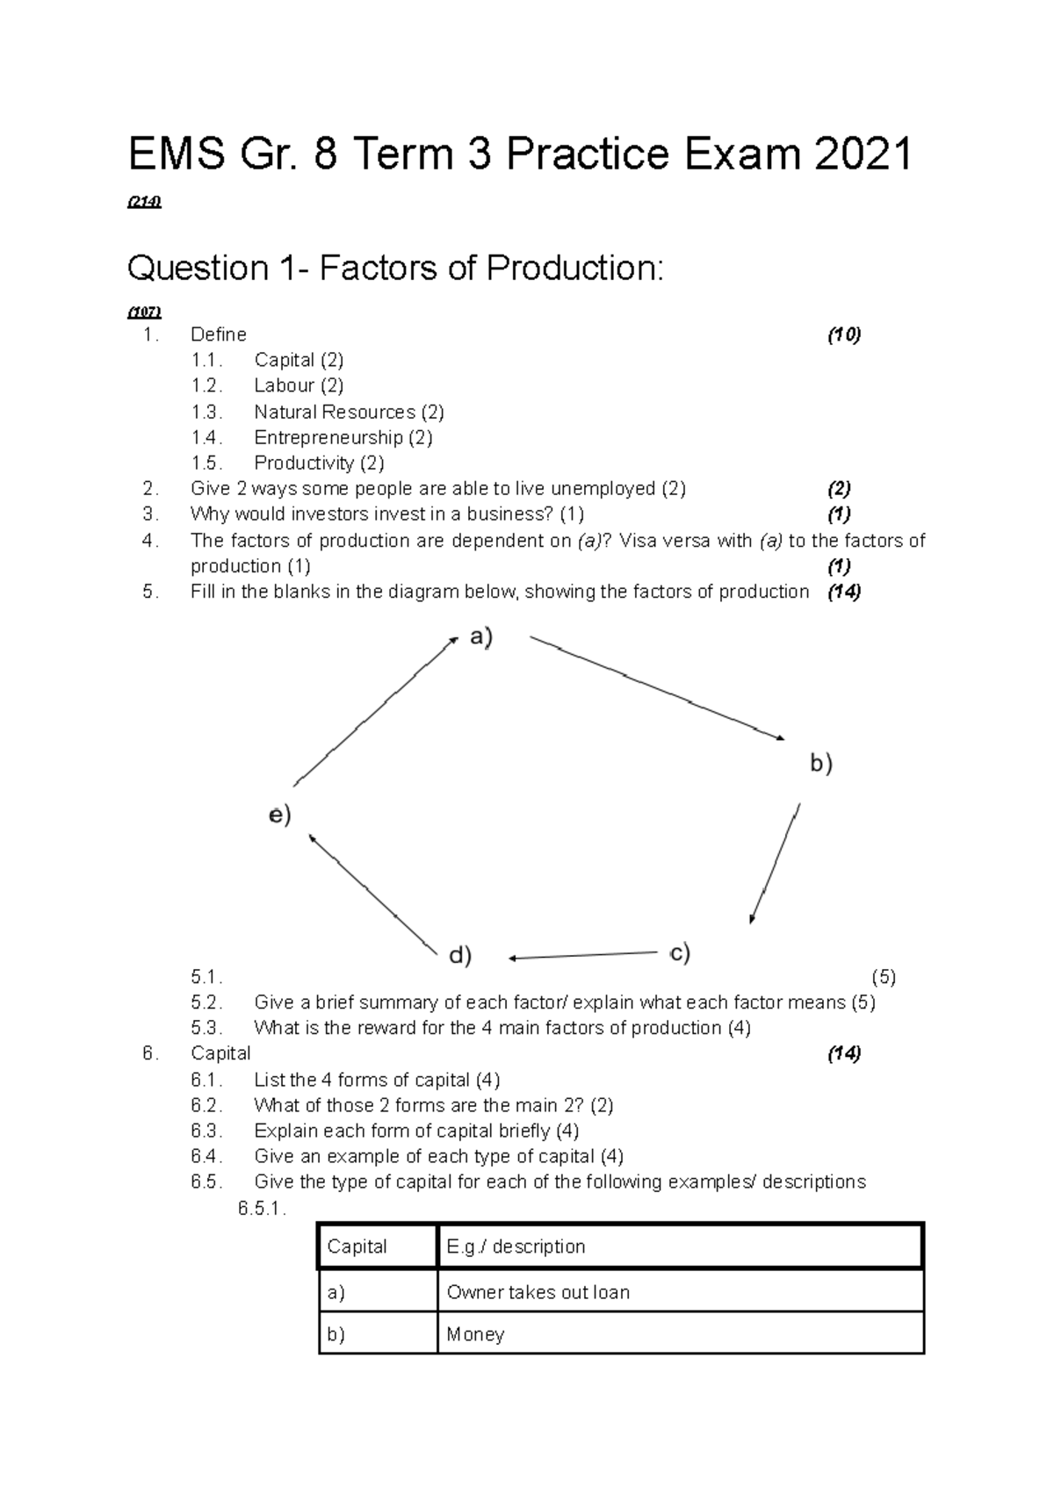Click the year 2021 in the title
863,155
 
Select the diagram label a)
480,637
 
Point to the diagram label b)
820,764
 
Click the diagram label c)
679,952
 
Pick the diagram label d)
460,955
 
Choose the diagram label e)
279,815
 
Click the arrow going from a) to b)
656,688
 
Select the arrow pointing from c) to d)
583,956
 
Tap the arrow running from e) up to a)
375,710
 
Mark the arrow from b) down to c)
776,862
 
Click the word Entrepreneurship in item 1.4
328,437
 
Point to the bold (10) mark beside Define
844,334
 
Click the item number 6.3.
206,1131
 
